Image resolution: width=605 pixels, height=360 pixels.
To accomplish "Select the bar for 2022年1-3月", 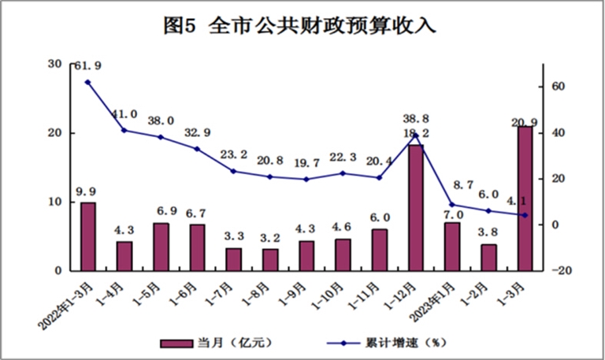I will point(88,236).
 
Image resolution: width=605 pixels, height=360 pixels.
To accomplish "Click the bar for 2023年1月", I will point(451,247).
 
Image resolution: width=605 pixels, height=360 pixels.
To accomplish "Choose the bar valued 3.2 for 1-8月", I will point(270,259).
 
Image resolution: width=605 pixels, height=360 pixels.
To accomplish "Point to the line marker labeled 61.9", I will point(87,82).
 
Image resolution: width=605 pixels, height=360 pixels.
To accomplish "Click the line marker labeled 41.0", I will point(124,130).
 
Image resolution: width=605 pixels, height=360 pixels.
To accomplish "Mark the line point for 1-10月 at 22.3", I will point(343,173).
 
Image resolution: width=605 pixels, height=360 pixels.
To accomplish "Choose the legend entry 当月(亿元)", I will point(218,343).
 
